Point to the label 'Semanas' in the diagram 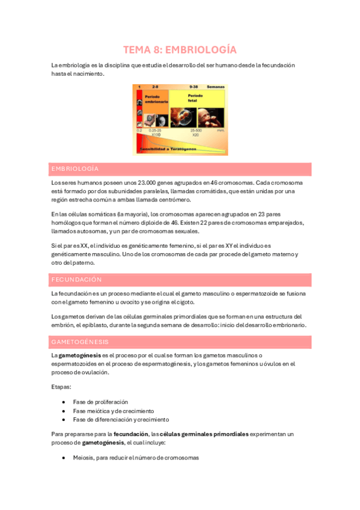216,87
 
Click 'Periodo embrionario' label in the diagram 155,99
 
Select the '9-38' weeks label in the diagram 194,87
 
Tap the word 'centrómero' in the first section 172,200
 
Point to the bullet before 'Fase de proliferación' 64,402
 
